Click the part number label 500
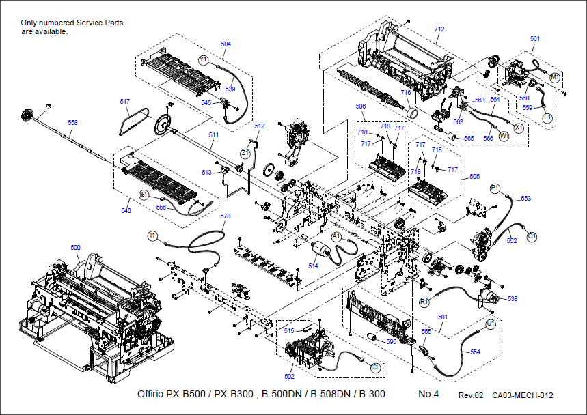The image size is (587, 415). point(75,247)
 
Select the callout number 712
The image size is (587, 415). point(439,29)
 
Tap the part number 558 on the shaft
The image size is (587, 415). point(72,123)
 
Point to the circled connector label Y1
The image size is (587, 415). point(204,60)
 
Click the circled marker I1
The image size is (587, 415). point(153,235)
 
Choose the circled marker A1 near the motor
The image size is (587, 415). point(336,235)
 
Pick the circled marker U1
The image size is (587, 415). point(490,325)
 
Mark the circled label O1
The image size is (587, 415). point(532,236)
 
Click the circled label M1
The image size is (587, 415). point(555,76)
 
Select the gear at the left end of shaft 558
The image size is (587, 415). point(28,114)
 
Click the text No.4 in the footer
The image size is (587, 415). point(429,395)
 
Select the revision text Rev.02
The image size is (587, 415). point(471,396)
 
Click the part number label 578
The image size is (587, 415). point(226,216)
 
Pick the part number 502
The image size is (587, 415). point(289,376)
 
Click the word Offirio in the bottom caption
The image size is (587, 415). point(151,395)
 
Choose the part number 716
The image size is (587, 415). point(405,92)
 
